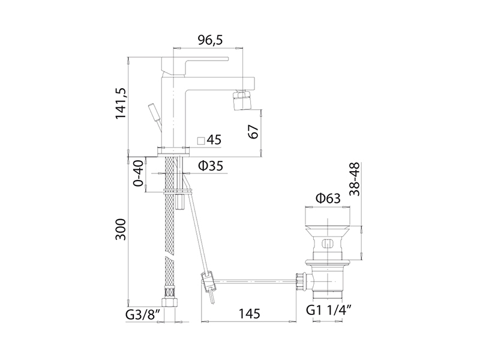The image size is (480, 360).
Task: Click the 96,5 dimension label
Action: [x=210, y=40]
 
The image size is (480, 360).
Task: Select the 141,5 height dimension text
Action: [x=121, y=103]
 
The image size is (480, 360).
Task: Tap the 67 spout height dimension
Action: [x=253, y=131]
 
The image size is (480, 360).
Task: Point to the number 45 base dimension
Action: [x=214, y=140]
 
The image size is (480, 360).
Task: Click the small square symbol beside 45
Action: [x=201, y=140]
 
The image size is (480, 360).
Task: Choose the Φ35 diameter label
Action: [x=211, y=166]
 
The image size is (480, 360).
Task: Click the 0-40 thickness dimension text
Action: [x=139, y=173]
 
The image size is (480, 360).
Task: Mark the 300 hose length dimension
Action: [x=121, y=230]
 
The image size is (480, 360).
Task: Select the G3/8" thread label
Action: [x=143, y=314]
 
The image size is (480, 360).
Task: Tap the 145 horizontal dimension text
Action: [x=249, y=314]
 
